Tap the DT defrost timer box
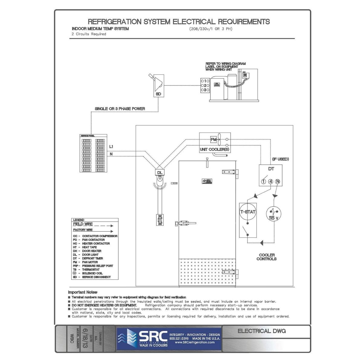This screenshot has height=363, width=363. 271,175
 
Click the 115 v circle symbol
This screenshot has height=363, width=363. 273,214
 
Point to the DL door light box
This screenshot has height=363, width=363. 159,172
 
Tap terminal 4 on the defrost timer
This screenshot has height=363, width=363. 270,182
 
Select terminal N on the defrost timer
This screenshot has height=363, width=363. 278,182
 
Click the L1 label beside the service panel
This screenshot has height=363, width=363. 111,147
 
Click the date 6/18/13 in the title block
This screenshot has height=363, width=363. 86,338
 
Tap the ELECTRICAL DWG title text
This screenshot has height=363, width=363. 262,331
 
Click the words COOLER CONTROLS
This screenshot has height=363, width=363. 267,257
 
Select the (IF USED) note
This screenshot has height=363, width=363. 280,159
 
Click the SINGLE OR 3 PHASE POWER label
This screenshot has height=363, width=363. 120,109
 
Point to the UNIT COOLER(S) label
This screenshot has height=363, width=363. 214,149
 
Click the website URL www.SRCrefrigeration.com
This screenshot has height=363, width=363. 195,342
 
